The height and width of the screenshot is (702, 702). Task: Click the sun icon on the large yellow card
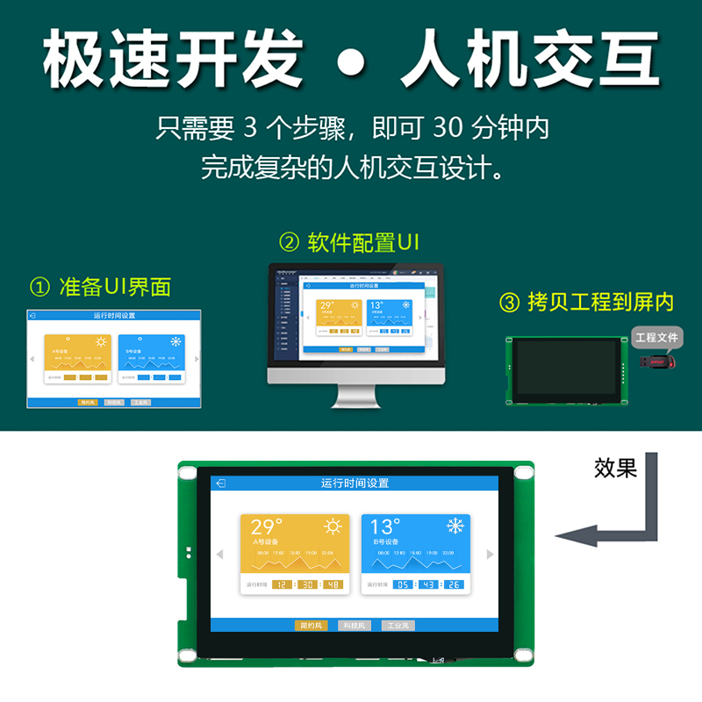333,526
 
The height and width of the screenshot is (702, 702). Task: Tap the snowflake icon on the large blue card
455,526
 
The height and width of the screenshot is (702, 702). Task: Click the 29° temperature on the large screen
267,526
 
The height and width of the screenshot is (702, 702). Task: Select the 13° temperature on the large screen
386,526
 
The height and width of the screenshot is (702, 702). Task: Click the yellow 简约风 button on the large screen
312,626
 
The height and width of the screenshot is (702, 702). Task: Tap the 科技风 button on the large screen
355,626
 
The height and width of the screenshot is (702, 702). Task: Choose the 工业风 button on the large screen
398,626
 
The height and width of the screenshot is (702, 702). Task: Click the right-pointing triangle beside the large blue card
491,554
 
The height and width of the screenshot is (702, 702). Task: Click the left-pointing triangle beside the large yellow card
220,554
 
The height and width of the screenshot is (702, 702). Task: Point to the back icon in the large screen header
221,484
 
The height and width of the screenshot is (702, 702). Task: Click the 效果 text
615,468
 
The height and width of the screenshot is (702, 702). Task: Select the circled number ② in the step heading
290,243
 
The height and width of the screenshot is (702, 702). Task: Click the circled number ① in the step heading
39,287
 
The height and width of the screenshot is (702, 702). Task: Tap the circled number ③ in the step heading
510,304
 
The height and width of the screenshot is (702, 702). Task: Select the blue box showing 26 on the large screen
452,584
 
